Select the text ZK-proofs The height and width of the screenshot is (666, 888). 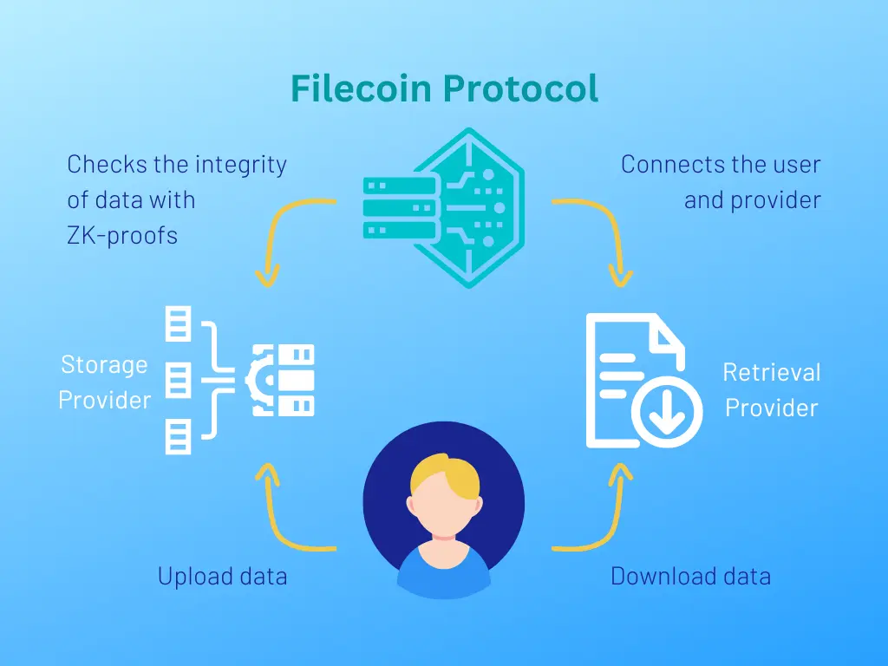tap(122, 236)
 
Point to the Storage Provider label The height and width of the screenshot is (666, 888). tap(105, 382)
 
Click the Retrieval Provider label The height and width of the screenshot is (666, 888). tap(772, 390)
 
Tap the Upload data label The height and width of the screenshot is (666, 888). tap(223, 576)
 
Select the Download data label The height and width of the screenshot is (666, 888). tap(691, 576)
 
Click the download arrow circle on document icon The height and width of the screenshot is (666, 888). tap(667, 411)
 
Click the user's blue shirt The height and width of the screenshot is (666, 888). tap(444, 572)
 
